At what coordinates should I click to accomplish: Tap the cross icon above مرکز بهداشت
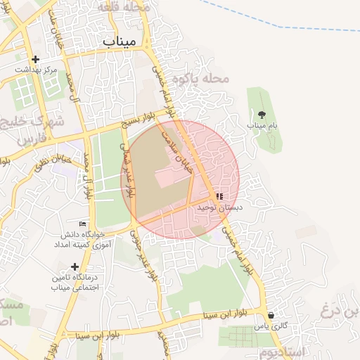[x=35, y=60]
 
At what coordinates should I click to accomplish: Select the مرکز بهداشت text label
[x=35, y=70]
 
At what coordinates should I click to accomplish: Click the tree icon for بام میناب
[x=262, y=113]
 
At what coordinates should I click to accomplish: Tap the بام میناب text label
[x=262, y=124]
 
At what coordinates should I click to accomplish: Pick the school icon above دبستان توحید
[x=219, y=197]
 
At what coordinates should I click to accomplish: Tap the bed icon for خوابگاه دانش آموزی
[x=83, y=224]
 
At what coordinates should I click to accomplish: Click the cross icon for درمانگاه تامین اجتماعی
[x=75, y=266]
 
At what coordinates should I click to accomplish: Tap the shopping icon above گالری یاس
[x=271, y=316]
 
